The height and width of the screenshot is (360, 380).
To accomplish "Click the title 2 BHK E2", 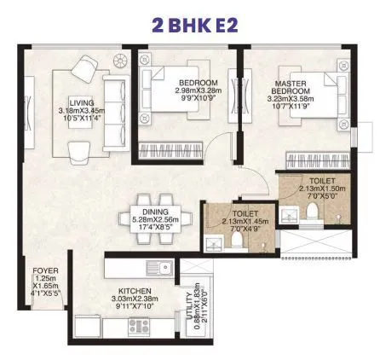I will coord(190,23).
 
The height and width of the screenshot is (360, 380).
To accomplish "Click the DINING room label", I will coord(156,211).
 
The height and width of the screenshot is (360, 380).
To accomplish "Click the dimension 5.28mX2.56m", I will coord(156,219).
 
